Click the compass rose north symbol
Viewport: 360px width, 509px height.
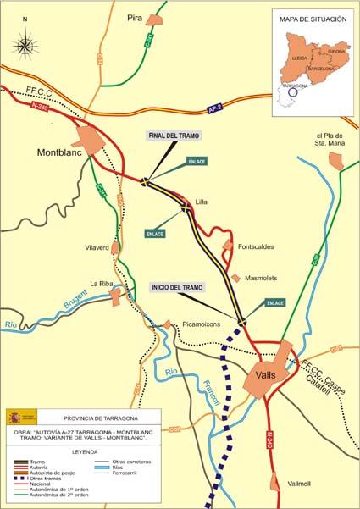pos(25,41)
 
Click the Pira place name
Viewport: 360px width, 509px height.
pos(134,18)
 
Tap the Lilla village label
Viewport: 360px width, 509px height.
pos(201,202)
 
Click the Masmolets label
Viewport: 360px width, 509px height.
pos(263,278)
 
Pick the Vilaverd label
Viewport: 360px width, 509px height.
pos(98,247)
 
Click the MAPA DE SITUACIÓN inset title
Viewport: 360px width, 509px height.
pos(313,19)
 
